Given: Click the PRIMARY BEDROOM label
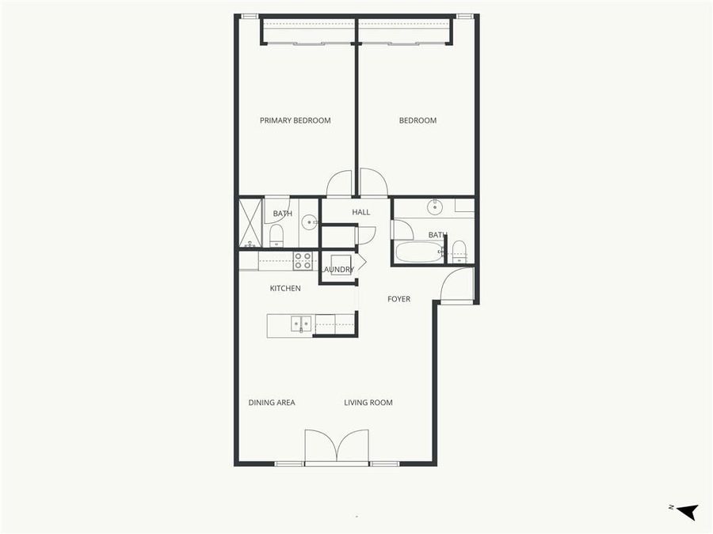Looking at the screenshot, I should pos(295,121).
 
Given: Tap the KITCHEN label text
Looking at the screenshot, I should pos(285,289).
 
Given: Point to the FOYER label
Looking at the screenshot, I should pos(398,299).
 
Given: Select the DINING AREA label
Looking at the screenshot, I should pos(272,403).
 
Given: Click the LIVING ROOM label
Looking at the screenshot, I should pos(368,403).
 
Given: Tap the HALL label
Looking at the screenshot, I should pos(361,212).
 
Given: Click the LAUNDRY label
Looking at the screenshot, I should pos(339,270).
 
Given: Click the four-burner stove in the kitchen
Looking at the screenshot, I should pos(303,260).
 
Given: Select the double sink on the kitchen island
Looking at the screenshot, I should pos(301,324).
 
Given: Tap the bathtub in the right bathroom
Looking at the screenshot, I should pos(418,252).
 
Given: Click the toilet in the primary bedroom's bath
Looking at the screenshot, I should pos(276,235).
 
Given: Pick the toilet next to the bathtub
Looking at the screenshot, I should pos(459,252).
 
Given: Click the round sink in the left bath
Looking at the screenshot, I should pos(308,222).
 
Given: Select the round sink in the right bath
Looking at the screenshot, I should pos(434,208).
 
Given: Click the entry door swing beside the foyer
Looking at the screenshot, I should pos(457,286).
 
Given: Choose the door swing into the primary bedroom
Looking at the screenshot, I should pos(339,184).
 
